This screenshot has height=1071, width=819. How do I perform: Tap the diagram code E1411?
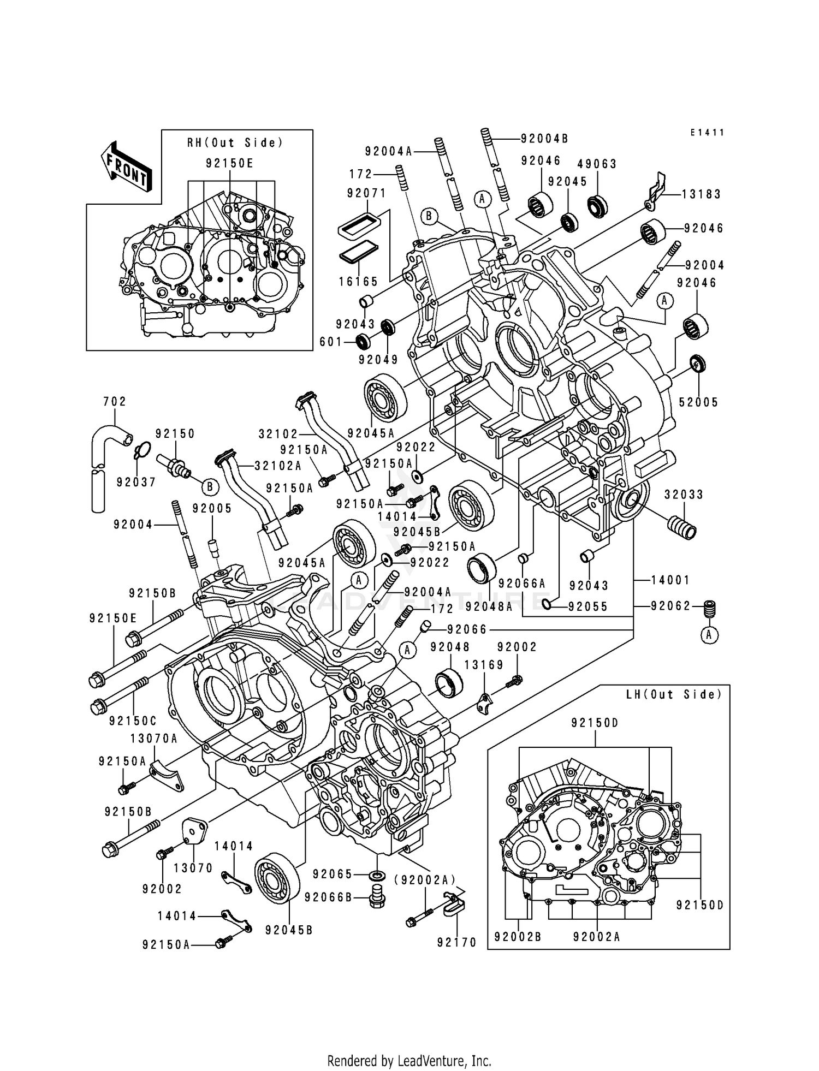[x=707, y=133]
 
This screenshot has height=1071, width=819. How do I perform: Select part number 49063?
[x=597, y=164]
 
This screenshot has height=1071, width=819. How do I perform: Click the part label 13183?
[x=702, y=194]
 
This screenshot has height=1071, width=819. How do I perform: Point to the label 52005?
[x=698, y=402]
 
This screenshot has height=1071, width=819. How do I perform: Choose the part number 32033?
[x=684, y=495]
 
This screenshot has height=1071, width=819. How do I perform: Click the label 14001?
[x=670, y=580]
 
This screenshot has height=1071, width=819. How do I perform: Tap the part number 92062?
[x=670, y=605]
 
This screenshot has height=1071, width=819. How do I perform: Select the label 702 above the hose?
[x=115, y=402]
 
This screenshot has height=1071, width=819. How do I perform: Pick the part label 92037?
[x=136, y=482]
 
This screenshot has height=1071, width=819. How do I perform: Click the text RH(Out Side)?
[x=235, y=143]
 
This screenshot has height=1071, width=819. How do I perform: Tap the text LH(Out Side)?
[x=674, y=694]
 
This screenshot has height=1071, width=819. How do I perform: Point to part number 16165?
[x=359, y=282]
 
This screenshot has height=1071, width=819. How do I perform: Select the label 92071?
[x=366, y=193]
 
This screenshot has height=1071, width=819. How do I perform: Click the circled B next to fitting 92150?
[x=211, y=486]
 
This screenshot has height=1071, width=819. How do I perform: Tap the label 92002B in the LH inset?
[x=518, y=937]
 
